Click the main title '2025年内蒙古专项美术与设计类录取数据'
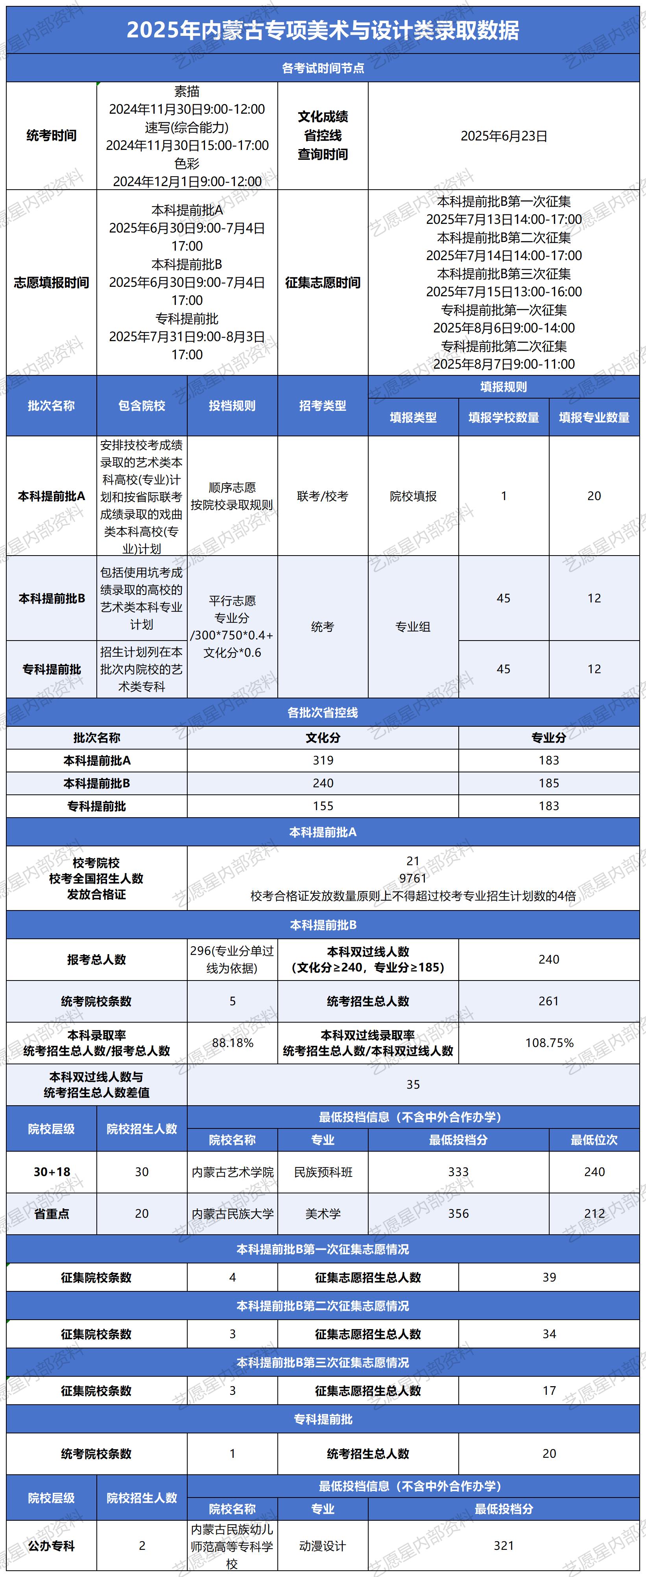click(x=323, y=30)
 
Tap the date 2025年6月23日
click(x=503, y=136)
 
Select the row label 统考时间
click(x=52, y=136)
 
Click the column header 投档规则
click(x=232, y=405)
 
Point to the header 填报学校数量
click(x=503, y=417)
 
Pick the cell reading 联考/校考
click(x=323, y=496)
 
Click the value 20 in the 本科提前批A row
click(x=594, y=496)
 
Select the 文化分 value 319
click(x=323, y=760)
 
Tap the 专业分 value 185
click(x=549, y=783)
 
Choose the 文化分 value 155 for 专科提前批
click(x=323, y=806)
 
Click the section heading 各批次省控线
click(x=323, y=713)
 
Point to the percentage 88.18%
click(x=232, y=1043)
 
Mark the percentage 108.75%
click(x=549, y=1043)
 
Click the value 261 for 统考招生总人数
click(x=549, y=1001)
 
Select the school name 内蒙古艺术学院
click(x=232, y=1172)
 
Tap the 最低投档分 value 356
click(x=458, y=1213)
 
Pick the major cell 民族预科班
click(x=323, y=1172)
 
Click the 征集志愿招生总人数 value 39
click(x=549, y=1277)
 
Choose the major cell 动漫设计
click(x=323, y=1546)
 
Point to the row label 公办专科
click(x=52, y=1546)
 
